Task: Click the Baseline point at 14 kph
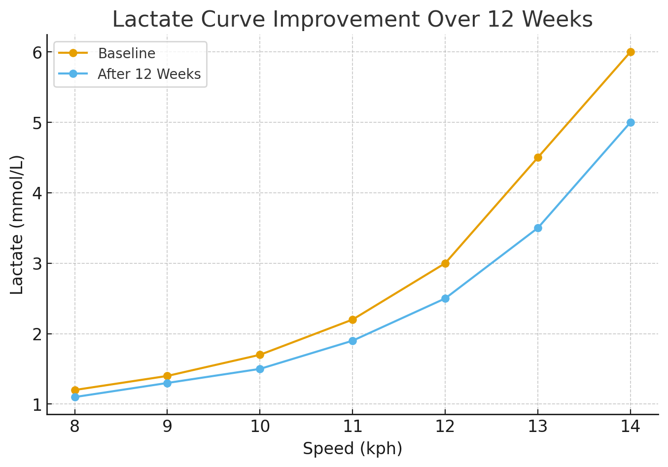(631, 52)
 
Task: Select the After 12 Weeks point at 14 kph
(631, 122)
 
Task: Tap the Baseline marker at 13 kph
(538, 157)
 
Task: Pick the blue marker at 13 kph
(538, 228)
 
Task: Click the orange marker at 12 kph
(445, 263)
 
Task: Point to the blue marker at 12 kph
(445, 298)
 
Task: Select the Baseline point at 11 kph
(352, 320)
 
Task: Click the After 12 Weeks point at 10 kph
(260, 369)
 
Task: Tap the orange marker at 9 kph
(167, 376)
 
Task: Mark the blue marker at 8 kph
(75, 397)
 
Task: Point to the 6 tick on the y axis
(37, 53)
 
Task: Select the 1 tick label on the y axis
(37, 405)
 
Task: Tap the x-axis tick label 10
(260, 427)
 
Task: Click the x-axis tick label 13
(538, 427)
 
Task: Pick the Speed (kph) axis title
(352, 449)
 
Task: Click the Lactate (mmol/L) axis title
(16, 225)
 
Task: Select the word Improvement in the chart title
(346, 20)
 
